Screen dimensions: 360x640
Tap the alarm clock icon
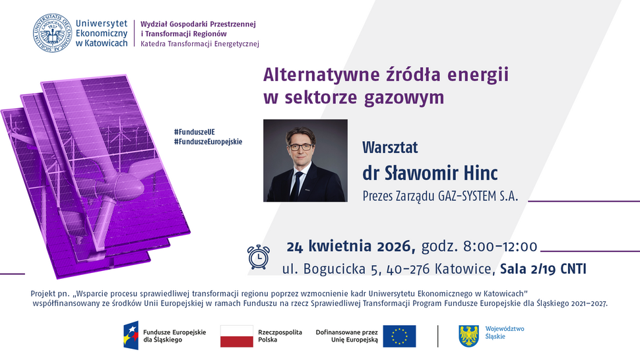click(258, 256)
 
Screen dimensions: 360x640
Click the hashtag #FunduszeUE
click(195, 132)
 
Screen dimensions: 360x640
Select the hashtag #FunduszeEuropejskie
click(208, 142)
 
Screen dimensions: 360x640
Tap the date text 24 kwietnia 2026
click(350, 247)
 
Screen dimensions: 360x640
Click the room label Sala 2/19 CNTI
click(543, 268)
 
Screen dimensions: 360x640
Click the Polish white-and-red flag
click(237, 336)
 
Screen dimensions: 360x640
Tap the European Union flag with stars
click(399, 336)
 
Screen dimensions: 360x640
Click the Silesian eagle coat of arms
click(468, 336)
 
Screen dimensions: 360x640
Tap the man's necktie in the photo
click(299, 183)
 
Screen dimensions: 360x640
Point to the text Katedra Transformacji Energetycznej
click(200, 44)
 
